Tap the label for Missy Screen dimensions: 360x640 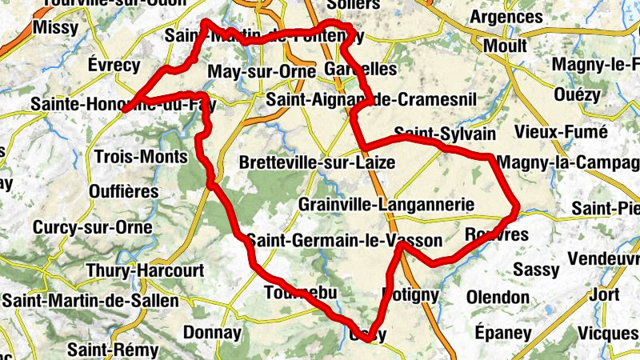pyautogui.click(x=56, y=28)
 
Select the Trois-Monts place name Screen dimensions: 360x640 pyautogui.click(x=141, y=156)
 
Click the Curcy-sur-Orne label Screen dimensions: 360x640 pyautogui.click(x=92, y=227)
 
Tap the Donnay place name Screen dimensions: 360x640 pyautogui.click(x=212, y=332)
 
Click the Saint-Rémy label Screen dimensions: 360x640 pyautogui.click(x=112, y=350)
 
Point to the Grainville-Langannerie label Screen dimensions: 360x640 pyautogui.click(x=381, y=205)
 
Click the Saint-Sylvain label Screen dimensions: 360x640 pyautogui.click(x=445, y=133)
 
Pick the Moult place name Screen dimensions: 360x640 pyautogui.click(x=506, y=46)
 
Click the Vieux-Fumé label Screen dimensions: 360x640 pyautogui.click(x=561, y=131)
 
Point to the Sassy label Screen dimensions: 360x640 pyautogui.click(x=536, y=270)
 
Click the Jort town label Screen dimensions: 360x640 pyautogui.click(x=602, y=294)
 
